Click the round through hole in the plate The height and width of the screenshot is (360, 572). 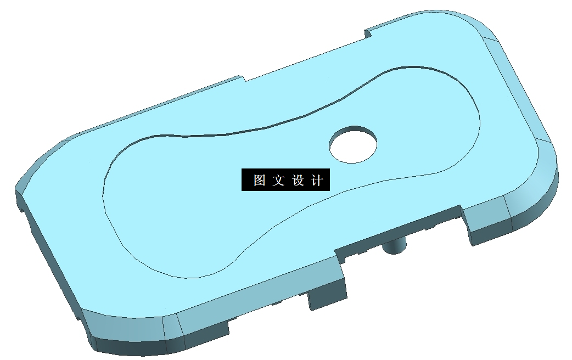click(x=353, y=144)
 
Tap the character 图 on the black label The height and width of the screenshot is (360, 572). click(x=260, y=180)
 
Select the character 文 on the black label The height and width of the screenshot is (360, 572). click(x=278, y=180)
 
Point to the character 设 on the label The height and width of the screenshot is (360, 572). click(x=298, y=180)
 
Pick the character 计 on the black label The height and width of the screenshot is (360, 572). click(x=317, y=180)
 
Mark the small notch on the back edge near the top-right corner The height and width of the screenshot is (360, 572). click(x=368, y=33)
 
